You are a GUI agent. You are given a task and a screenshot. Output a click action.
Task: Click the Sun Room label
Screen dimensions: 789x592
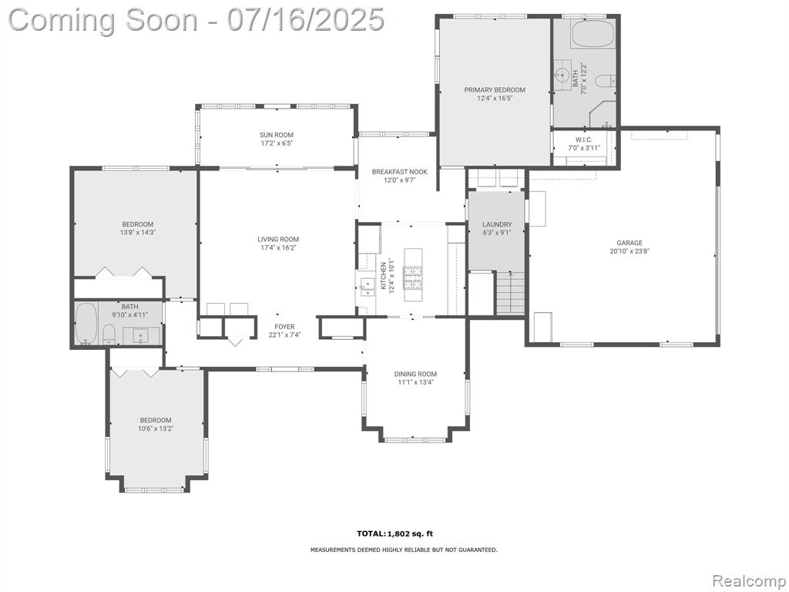coord(277,135)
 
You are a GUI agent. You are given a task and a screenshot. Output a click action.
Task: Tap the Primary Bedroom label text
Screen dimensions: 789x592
coord(495,90)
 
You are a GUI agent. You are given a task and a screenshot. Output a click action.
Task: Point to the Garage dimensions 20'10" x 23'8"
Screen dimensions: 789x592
coord(630,251)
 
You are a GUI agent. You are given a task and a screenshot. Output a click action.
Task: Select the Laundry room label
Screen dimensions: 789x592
coord(497,224)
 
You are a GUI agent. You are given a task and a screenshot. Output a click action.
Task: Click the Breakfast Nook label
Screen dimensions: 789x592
coord(400,172)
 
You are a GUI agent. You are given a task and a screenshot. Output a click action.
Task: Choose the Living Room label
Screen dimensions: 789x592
coord(278,240)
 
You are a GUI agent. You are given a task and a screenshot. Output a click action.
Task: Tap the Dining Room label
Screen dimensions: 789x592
coord(415,374)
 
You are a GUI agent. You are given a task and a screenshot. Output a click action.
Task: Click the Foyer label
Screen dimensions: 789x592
coord(284,327)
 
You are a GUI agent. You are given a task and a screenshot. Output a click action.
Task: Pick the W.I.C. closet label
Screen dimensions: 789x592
coord(584,140)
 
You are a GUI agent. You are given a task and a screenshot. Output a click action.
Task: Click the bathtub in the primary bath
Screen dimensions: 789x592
coord(593,34)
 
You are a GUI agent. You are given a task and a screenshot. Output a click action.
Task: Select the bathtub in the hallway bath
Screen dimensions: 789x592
coord(86,323)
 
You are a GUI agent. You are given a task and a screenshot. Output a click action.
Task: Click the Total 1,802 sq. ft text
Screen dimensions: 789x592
coord(394,533)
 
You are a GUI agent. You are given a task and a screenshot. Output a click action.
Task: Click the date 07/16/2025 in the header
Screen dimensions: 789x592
coord(305,20)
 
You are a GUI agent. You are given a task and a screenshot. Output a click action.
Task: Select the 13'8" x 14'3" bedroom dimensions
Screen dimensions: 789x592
coord(137,233)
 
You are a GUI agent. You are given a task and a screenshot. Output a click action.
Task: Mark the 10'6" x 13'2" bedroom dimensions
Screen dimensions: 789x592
coord(156,429)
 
